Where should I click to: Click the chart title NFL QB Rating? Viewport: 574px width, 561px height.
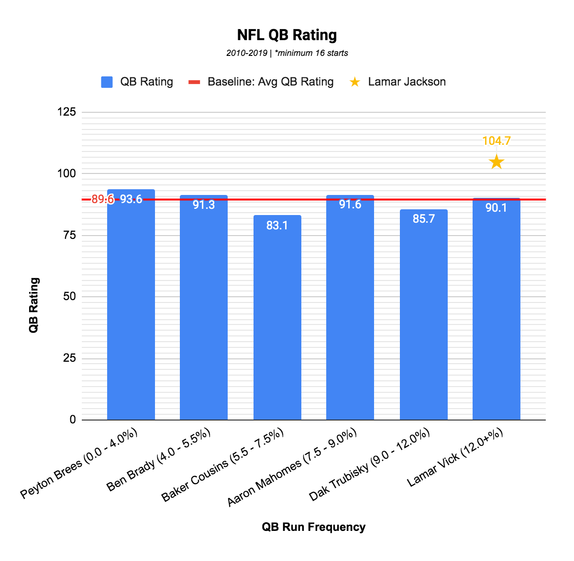287,35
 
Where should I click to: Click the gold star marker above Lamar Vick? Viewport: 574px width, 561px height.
497,162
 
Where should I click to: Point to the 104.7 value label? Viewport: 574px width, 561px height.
497,141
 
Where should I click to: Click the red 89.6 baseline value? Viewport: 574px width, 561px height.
102,199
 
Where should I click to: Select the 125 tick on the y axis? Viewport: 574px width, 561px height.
66,112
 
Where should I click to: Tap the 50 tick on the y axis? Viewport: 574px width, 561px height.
70,297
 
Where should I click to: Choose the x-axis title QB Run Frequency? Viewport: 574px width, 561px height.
313,527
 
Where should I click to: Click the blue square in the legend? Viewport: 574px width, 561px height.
107,82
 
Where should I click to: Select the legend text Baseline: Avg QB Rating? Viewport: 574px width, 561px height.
270,82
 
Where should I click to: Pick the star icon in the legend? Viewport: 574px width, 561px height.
354,82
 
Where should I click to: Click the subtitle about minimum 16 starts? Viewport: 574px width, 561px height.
287,53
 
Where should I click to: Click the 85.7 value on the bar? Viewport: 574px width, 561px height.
423,219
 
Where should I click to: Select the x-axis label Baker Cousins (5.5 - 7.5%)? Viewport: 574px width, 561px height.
222,465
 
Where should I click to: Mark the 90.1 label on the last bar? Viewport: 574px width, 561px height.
496,208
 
